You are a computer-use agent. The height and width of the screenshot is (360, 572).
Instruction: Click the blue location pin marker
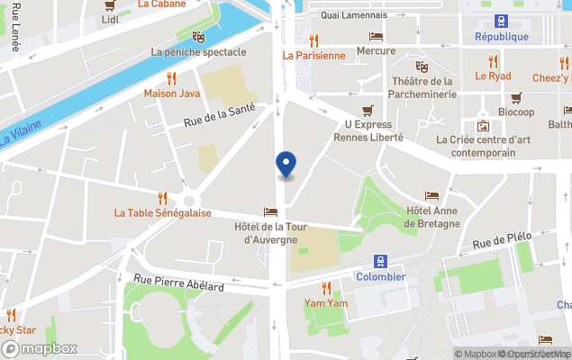click(285, 164)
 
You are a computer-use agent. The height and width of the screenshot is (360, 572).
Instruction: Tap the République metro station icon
click(501, 22)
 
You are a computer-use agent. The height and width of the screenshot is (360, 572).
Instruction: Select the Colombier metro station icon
click(380, 261)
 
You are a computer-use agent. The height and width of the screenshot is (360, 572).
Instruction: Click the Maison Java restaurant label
click(171, 93)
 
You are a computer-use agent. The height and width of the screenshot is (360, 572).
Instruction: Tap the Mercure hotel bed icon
click(376, 36)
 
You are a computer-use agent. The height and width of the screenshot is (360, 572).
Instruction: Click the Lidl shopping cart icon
click(110, 4)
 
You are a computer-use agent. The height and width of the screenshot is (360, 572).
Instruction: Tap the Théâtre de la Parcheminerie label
click(422, 88)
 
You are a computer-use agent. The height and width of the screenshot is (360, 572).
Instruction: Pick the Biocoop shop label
click(516, 112)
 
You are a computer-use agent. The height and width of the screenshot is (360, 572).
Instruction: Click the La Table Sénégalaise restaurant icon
click(162, 198)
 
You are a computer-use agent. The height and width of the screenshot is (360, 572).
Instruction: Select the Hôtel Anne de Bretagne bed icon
click(431, 195)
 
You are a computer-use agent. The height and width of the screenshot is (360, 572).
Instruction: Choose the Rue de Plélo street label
click(501, 240)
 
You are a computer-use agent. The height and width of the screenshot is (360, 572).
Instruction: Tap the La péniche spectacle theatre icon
click(198, 37)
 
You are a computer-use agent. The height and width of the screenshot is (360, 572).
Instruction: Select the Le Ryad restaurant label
click(493, 76)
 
